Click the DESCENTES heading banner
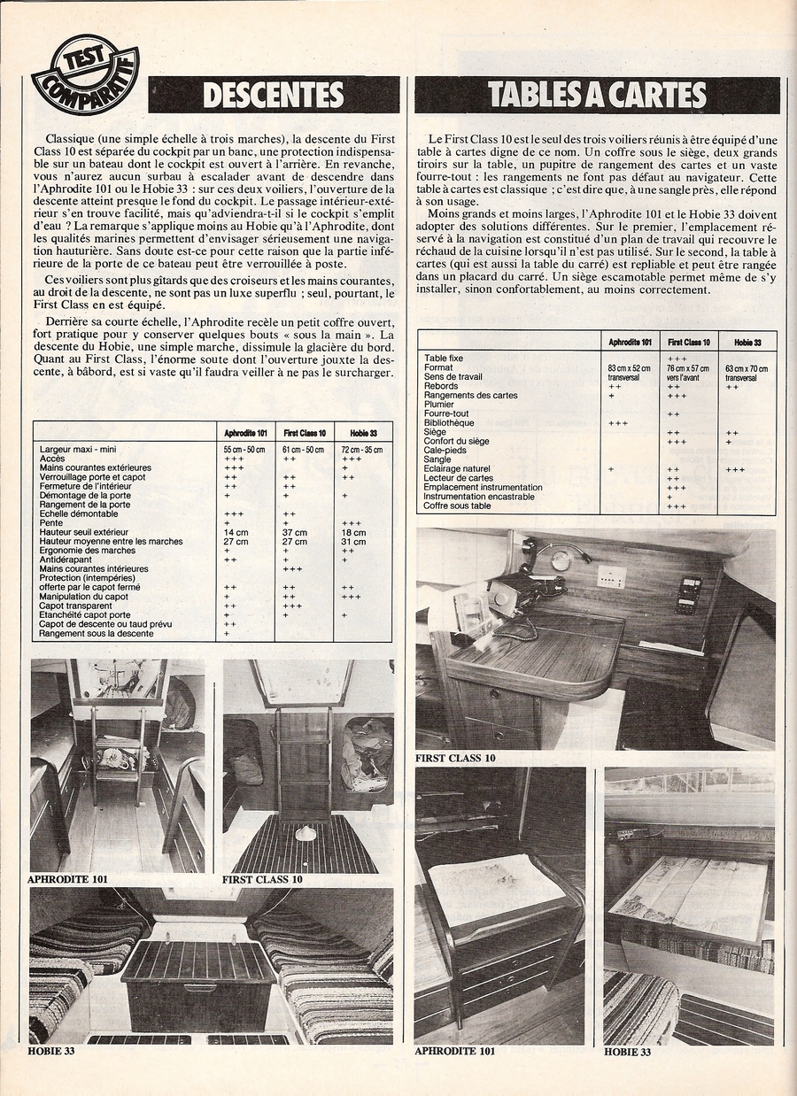(x=274, y=95)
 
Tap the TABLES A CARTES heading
(x=597, y=95)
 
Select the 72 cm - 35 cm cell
(x=361, y=450)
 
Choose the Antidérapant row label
(x=64, y=560)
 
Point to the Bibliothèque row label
(x=449, y=422)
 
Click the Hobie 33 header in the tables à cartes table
(x=746, y=341)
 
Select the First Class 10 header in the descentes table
(x=305, y=433)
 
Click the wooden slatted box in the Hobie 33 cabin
(x=198, y=983)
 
